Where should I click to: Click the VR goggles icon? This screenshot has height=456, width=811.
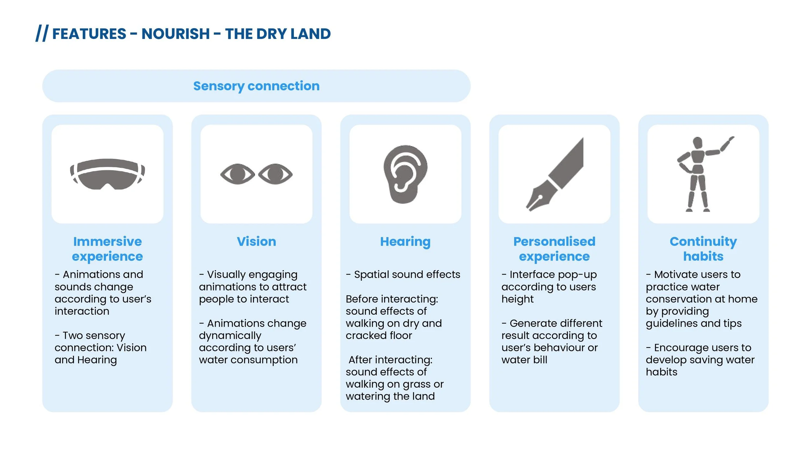click(x=107, y=174)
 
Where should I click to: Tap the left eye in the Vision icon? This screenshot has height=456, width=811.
click(x=237, y=174)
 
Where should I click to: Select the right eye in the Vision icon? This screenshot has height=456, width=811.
click(x=275, y=174)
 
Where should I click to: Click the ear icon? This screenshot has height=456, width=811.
click(x=405, y=174)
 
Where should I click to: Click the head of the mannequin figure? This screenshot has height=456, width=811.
click(x=697, y=143)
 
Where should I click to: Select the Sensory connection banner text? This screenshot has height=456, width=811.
click(x=256, y=86)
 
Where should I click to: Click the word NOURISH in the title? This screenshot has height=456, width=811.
click(x=176, y=34)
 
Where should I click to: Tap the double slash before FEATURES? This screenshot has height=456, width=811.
click(x=42, y=33)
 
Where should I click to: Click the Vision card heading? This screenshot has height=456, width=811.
click(x=256, y=241)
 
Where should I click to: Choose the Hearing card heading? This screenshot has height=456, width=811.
click(x=405, y=242)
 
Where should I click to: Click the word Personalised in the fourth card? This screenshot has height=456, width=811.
click(x=554, y=241)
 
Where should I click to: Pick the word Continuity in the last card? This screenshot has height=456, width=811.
click(x=703, y=241)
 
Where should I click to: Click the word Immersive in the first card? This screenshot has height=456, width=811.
click(x=107, y=241)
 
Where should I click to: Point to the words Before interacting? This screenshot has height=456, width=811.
click(x=392, y=299)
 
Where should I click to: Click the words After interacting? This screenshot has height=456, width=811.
click(x=390, y=360)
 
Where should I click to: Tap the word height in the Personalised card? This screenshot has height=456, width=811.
click(x=517, y=299)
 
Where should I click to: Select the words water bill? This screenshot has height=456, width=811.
click(x=524, y=360)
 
